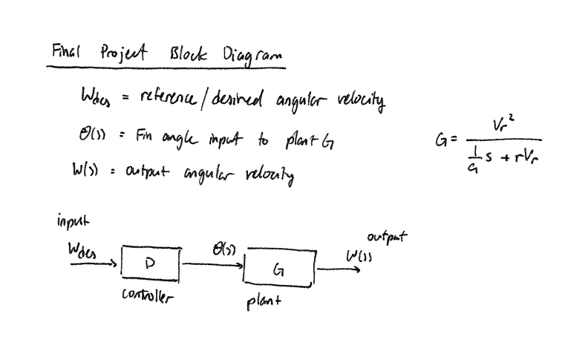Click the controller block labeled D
[x=149, y=264]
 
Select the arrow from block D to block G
[x=212, y=264]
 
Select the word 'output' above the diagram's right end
[x=387, y=238]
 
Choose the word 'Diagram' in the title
[x=245, y=56]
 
